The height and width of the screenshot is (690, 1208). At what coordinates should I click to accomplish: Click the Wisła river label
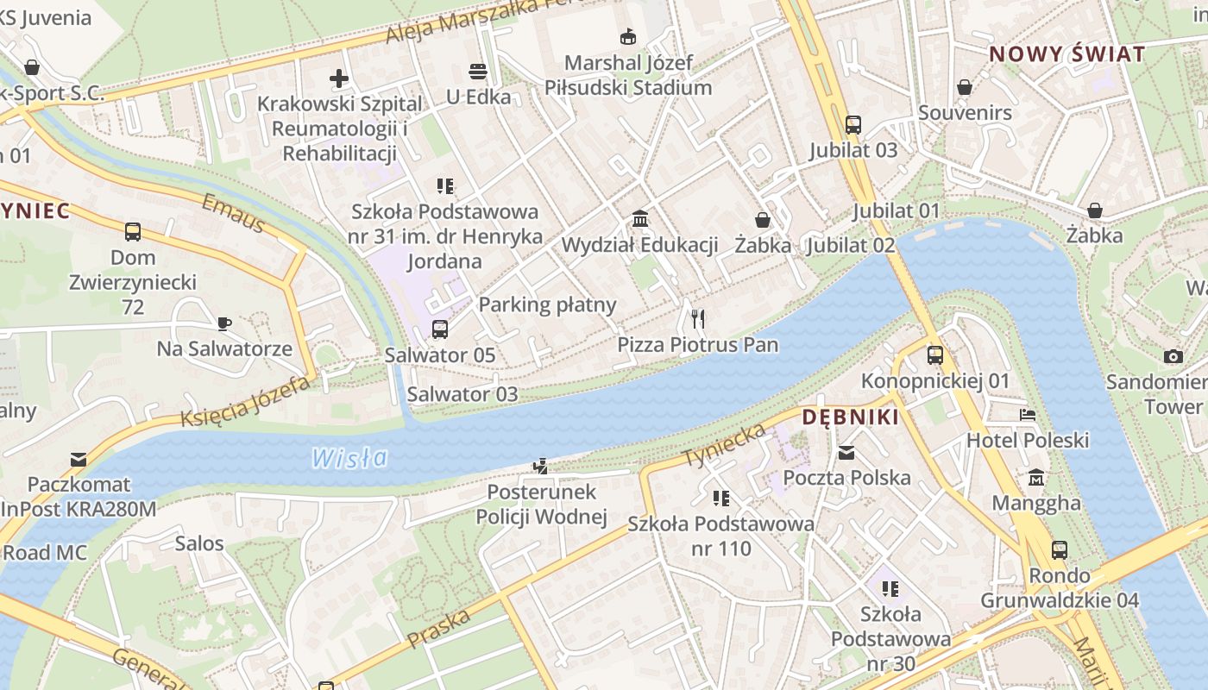(x=349, y=457)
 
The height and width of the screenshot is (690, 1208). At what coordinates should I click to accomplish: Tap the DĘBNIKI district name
(x=850, y=417)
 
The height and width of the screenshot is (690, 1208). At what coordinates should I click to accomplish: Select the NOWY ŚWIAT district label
(x=1066, y=54)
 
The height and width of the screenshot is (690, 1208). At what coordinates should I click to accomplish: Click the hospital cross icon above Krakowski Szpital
(x=339, y=79)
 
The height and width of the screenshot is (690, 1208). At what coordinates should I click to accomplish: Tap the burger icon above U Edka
(x=478, y=71)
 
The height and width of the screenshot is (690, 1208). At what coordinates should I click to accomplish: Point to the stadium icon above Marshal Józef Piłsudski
(x=628, y=37)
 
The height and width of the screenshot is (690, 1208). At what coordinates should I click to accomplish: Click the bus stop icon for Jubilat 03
(x=853, y=125)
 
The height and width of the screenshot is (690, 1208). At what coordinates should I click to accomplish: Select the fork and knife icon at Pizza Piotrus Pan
(x=698, y=319)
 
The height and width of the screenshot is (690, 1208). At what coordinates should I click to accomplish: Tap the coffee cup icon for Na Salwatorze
(x=224, y=323)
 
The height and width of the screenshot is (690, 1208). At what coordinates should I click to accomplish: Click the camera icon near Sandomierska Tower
(x=1173, y=356)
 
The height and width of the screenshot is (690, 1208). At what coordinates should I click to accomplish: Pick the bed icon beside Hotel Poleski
(x=1027, y=415)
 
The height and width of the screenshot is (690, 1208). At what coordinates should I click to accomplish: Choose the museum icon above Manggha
(x=1036, y=477)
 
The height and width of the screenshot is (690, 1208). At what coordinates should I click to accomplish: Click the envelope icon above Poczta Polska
(x=846, y=452)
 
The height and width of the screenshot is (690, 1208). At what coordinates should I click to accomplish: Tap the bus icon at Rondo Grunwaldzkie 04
(x=1060, y=549)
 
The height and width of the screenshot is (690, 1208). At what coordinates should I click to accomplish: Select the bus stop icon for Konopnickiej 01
(x=935, y=354)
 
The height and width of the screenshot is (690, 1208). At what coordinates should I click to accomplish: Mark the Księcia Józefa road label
(x=245, y=402)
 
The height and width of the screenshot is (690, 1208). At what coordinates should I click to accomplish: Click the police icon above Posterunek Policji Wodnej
(x=541, y=467)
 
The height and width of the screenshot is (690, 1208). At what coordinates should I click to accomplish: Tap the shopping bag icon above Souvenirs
(x=965, y=87)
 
